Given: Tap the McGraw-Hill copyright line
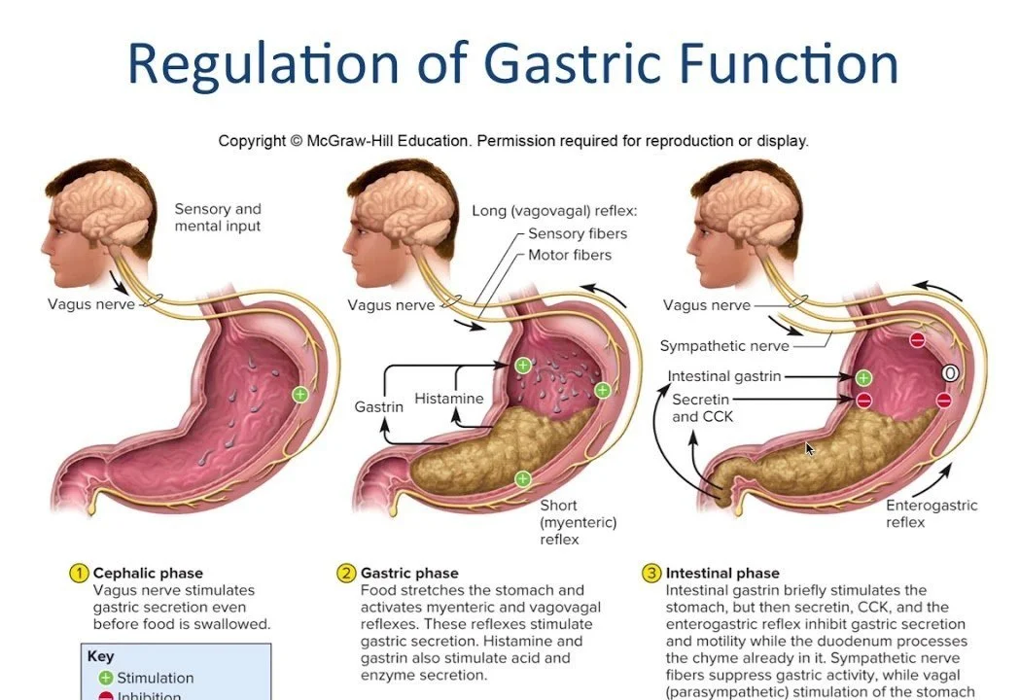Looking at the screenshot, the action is (512, 141).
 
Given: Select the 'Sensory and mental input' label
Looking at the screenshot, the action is (218, 217).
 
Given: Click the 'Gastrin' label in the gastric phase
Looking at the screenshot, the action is (378, 406).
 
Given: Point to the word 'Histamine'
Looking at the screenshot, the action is (448, 399).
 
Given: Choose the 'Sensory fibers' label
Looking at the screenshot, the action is (578, 233).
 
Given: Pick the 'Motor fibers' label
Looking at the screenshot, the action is (570, 255).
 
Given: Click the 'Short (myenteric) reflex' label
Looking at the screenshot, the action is (578, 522).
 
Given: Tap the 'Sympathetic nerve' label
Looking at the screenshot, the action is (724, 346).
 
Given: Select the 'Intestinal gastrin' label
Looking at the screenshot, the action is (723, 376).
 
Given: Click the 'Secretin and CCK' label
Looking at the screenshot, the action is (702, 407).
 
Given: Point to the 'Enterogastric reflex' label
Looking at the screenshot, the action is (932, 513).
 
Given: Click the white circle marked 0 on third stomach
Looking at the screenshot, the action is (950, 373).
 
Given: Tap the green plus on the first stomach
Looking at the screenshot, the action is (300, 395).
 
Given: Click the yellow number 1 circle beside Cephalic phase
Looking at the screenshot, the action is (79, 573).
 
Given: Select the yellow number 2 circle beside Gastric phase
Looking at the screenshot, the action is (346, 573).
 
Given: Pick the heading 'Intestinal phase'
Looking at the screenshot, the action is (722, 573).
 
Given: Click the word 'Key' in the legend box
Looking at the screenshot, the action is (100, 656).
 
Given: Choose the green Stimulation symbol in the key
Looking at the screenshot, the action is (106, 678).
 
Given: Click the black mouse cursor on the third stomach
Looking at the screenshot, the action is (809, 449).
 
